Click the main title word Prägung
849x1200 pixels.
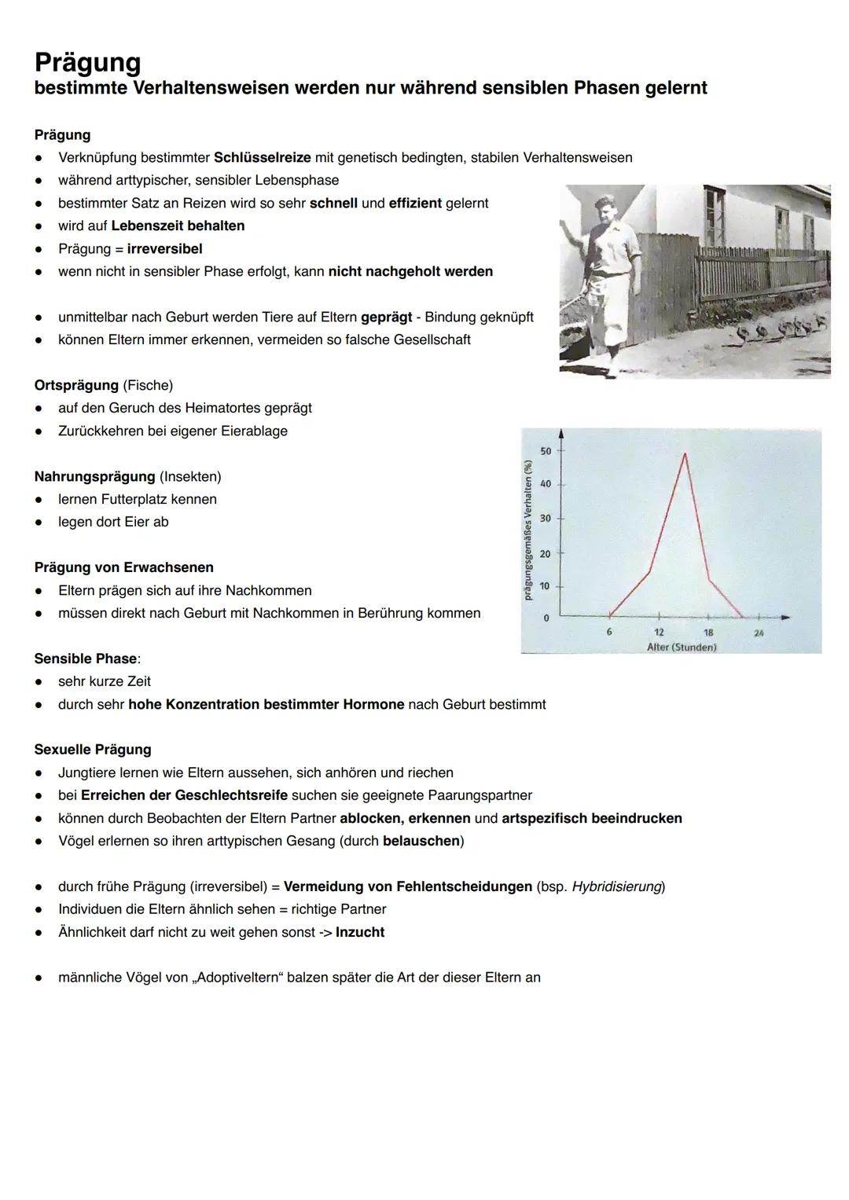coord(87,62)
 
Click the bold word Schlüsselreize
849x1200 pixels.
coord(262,157)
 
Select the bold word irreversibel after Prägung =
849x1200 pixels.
coord(164,248)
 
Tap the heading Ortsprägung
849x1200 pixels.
coord(76,385)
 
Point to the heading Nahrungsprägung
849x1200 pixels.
coord(94,476)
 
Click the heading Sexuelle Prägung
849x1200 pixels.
coord(92,750)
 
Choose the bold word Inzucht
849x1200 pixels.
coord(359,932)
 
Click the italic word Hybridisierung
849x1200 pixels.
coord(616,886)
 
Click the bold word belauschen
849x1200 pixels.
coord(421,841)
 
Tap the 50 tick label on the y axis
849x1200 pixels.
coord(546,451)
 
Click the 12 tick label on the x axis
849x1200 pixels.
coord(659,633)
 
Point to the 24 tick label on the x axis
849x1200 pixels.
coord(758,633)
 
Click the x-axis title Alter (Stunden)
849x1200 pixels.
coord(682,647)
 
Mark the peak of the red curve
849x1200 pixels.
coord(685,453)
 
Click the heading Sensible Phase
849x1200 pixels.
coord(85,659)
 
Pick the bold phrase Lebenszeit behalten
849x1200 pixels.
coord(178,226)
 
